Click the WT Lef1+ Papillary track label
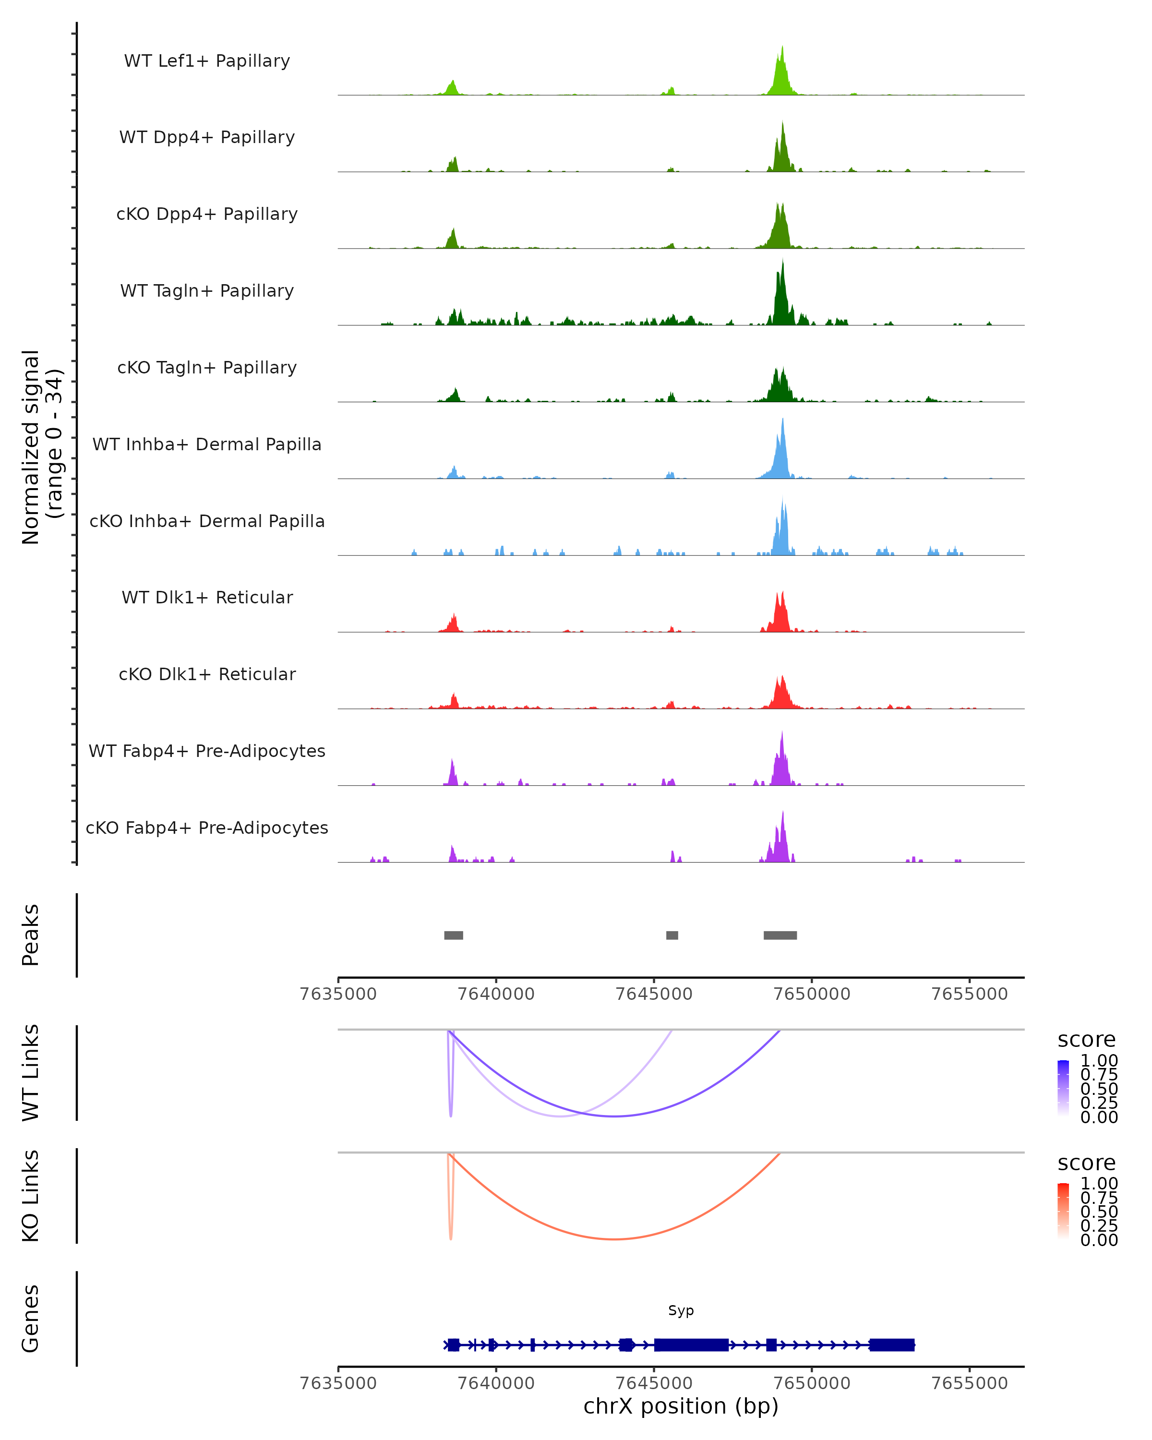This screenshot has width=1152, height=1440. pyautogui.click(x=207, y=61)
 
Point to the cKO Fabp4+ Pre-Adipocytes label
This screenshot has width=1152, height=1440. pyautogui.click(x=207, y=828)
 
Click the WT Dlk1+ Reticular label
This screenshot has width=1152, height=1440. pyautogui.click(x=207, y=597)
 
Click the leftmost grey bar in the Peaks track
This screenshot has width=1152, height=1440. pyautogui.click(x=454, y=935)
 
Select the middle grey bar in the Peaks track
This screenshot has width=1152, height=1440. pyautogui.click(x=672, y=935)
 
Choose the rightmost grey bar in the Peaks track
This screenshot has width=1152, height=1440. pyautogui.click(x=780, y=935)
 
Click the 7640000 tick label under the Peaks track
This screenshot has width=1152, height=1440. pyautogui.click(x=496, y=994)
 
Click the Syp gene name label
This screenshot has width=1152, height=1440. pyautogui.click(x=681, y=1310)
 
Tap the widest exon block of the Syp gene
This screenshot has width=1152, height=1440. pyautogui.click(x=691, y=1344)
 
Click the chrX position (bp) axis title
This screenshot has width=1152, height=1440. pyautogui.click(x=681, y=1406)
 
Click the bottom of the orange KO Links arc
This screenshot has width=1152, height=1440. pyautogui.click(x=614, y=1239)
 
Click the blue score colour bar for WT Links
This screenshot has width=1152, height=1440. pyautogui.click(x=1063, y=1088)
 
